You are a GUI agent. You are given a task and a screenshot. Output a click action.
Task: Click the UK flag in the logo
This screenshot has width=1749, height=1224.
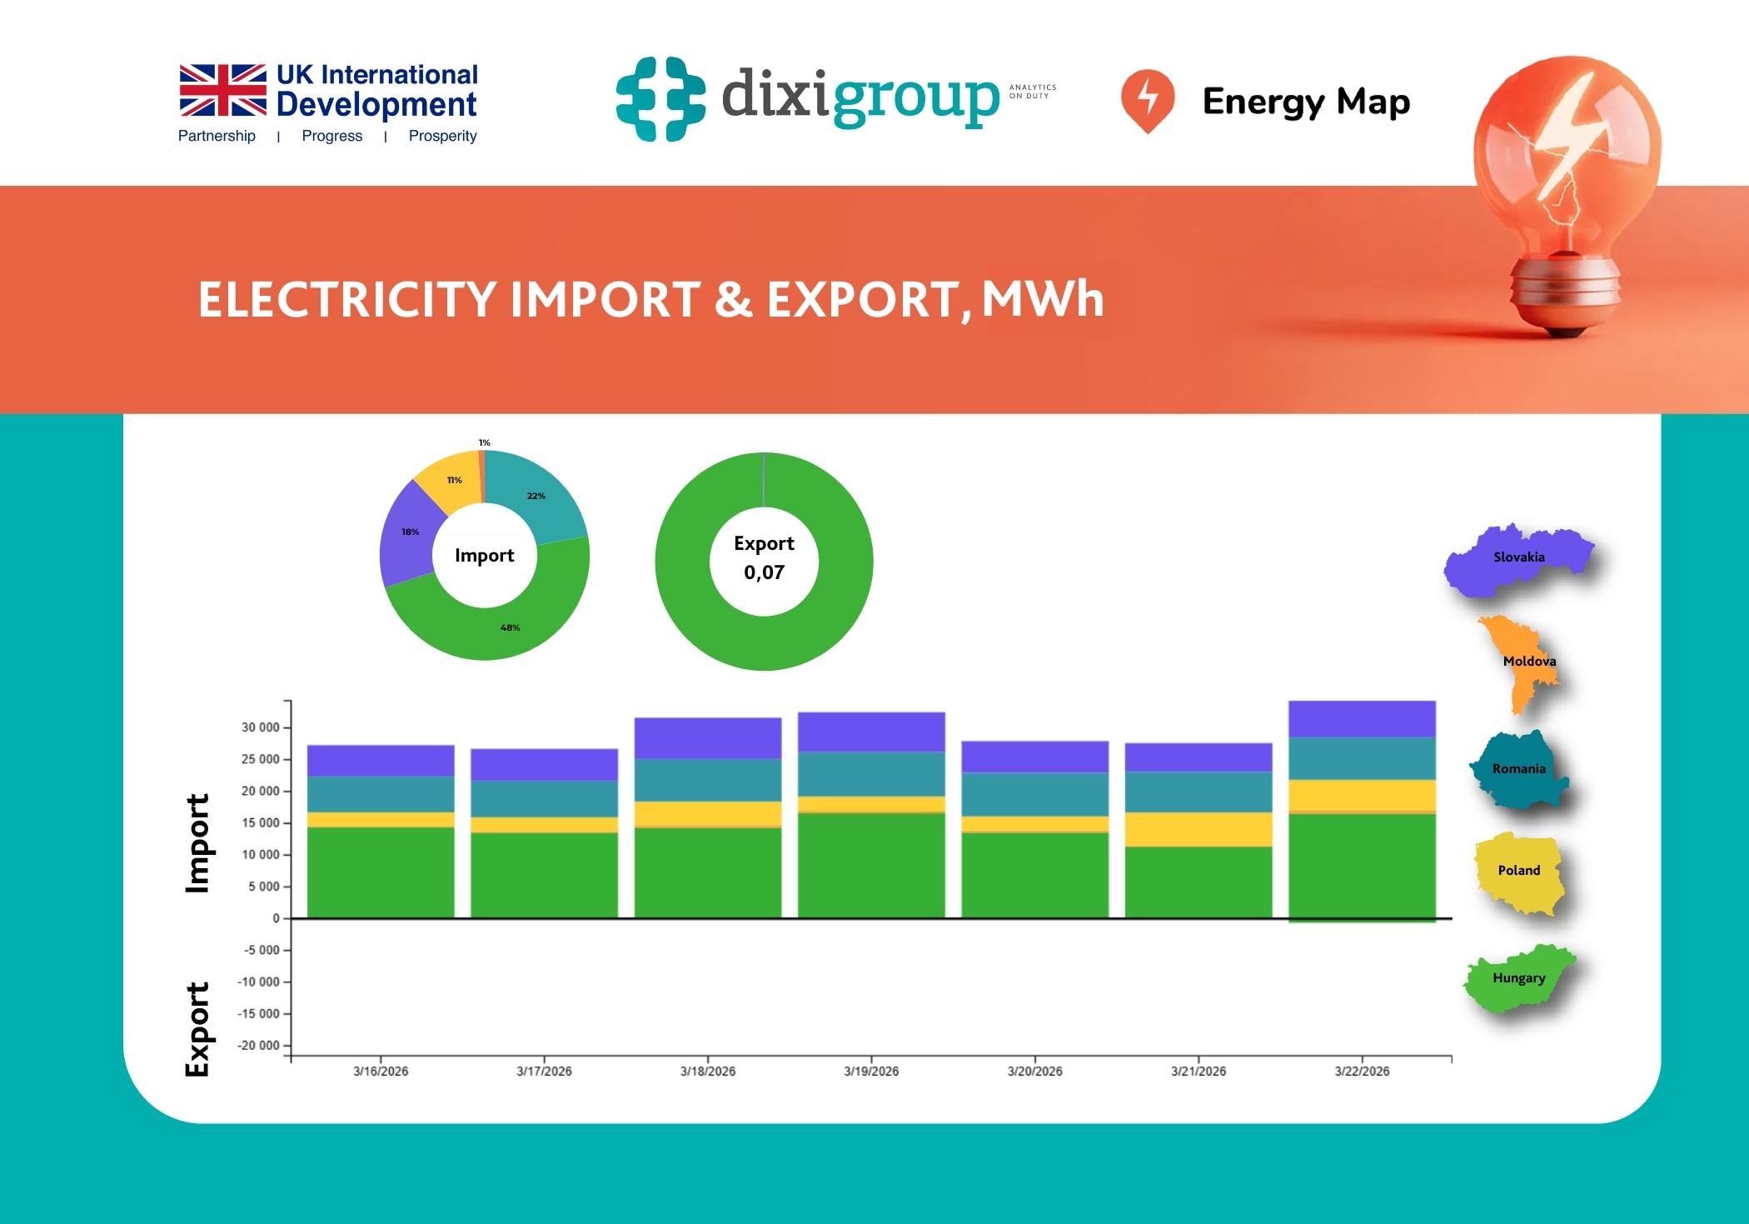coord(222,90)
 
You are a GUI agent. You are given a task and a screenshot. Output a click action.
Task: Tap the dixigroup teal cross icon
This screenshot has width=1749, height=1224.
coord(660,98)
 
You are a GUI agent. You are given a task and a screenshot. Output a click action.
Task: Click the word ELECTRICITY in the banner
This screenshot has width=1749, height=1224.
coord(347,300)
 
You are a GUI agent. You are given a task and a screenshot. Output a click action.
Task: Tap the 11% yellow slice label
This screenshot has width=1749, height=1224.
coord(454,480)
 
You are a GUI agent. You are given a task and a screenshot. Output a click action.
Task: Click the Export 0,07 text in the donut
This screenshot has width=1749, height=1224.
coord(764,558)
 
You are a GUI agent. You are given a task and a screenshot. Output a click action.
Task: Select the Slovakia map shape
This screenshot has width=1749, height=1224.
coord(1517,558)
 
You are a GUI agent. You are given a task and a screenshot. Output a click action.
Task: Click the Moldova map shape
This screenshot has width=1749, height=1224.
coord(1526,662)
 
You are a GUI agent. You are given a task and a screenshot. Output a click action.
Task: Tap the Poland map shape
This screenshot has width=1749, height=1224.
coord(1518,872)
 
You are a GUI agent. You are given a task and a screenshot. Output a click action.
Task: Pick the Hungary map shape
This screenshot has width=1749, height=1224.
coord(1518,979)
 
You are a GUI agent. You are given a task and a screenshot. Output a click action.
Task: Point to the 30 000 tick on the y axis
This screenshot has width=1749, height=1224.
coord(260,727)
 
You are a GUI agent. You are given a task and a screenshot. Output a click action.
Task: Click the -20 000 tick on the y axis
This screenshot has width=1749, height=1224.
coord(258,1046)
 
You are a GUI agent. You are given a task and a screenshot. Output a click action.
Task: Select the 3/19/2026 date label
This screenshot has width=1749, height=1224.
coord(871,1072)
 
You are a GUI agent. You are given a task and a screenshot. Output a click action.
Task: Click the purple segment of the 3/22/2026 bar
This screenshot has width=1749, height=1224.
coord(1362,718)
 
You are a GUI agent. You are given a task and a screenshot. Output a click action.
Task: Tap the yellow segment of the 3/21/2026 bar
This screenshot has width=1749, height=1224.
coord(1198,829)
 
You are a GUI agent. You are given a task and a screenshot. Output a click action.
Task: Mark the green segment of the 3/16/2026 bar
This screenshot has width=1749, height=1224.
coord(381,872)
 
